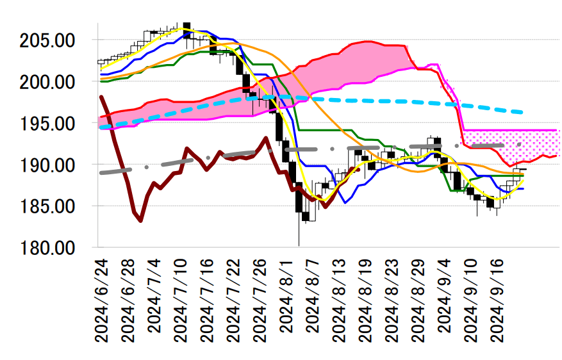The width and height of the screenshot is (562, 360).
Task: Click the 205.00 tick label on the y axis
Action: coord(48,40)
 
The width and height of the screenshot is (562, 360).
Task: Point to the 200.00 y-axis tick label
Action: coord(48,82)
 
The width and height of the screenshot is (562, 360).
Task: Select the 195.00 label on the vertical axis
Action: coord(48,124)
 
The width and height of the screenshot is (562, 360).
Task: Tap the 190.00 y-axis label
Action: coord(48,165)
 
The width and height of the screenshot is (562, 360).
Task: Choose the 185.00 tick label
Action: coord(48,206)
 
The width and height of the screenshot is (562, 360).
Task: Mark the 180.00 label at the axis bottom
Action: coord(48,248)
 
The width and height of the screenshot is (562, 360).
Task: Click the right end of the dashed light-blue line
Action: coord(523,112)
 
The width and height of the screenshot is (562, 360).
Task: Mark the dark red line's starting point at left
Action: coord(101,97)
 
